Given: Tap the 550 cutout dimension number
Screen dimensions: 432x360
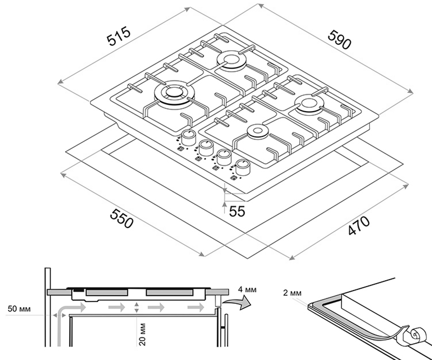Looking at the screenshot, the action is (121, 218).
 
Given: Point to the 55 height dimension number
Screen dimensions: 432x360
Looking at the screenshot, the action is (237, 211).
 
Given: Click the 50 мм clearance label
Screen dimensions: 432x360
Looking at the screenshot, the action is (19, 309).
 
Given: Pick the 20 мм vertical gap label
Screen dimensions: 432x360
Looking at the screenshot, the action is (142, 334).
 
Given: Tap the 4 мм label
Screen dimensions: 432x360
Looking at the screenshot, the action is (247, 289).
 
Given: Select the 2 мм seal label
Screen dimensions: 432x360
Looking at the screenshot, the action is (292, 293).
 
